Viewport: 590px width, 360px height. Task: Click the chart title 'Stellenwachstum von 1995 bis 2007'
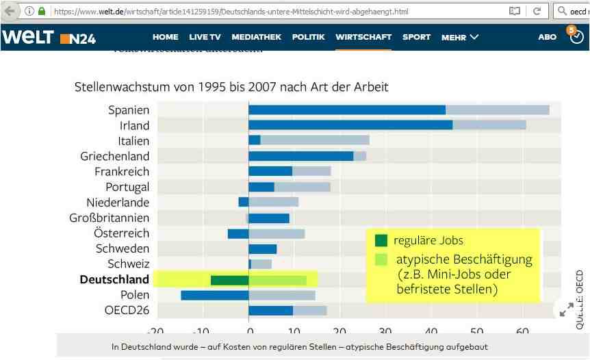coord(231,87)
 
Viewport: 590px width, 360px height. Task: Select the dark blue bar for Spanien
coord(346,110)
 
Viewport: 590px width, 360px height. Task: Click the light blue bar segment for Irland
coord(489,125)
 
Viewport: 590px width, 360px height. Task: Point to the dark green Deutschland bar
coord(229,280)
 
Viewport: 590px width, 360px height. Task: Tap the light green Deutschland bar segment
coord(277,280)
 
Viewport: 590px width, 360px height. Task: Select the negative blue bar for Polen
coord(214,295)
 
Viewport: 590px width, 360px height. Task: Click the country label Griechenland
coord(114,156)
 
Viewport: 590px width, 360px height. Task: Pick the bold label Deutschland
coord(114,279)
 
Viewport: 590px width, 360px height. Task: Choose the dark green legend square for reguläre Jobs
coord(381,240)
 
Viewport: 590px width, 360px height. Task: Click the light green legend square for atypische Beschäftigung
coord(381,259)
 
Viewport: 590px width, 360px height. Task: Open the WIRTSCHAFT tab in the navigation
coord(363,37)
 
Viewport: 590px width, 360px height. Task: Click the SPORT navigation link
coord(416,37)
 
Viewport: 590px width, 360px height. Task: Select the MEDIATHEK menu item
coord(256,37)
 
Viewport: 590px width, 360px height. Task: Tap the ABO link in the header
coord(547,37)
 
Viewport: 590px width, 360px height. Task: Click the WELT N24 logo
coord(49,38)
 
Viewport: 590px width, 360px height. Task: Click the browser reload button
coord(537,12)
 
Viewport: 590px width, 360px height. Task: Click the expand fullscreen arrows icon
coord(566,309)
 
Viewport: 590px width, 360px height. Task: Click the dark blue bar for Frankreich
coord(270,171)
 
